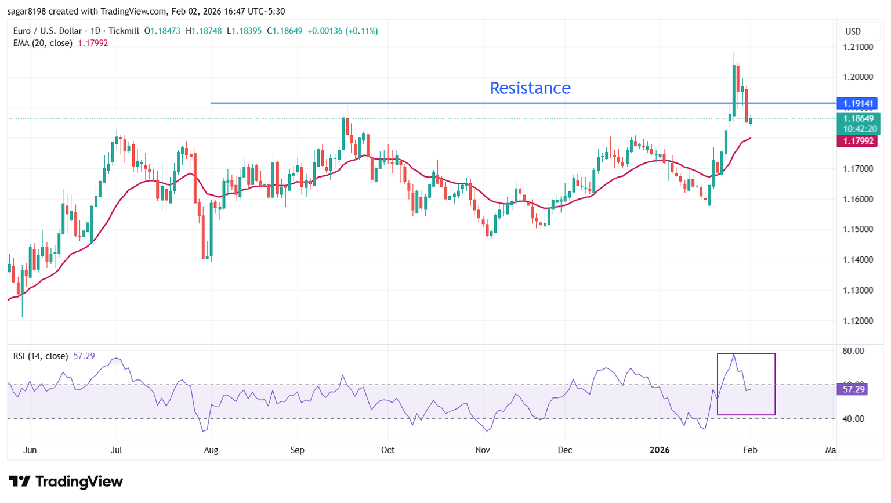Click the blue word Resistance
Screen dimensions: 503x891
pyautogui.click(x=530, y=88)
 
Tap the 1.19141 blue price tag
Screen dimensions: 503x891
pyautogui.click(x=857, y=104)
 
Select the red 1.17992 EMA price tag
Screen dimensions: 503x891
pyautogui.click(x=857, y=141)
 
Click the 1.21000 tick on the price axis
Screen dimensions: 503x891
pyautogui.click(x=858, y=47)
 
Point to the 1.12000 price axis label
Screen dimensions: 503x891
pyautogui.click(x=858, y=321)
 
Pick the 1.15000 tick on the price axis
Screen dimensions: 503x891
pyautogui.click(x=858, y=229)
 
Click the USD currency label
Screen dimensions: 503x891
pyautogui.click(x=853, y=31)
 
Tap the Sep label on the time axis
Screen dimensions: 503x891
pyautogui.click(x=297, y=450)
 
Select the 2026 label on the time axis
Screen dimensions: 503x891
pyautogui.click(x=660, y=450)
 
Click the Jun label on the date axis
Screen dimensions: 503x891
pyautogui.click(x=30, y=450)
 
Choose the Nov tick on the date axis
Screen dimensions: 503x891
pyautogui.click(x=482, y=450)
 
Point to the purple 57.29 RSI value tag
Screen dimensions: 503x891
pyautogui.click(x=853, y=389)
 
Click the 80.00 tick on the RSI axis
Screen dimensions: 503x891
pyautogui.click(x=853, y=351)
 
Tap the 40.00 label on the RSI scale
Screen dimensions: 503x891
pyautogui.click(x=853, y=419)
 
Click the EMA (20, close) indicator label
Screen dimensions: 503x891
pyautogui.click(x=42, y=43)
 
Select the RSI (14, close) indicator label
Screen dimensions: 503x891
pyautogui.click(x=41, y=356)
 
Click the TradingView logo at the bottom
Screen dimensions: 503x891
pyautogui.click(x=66, y=482)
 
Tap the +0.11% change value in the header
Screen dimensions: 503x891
pyautogui.click(x=361, y=31)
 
